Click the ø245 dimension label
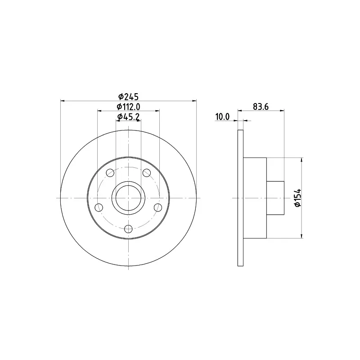[128, 97]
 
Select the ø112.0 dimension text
[128, 107]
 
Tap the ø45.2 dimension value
[128, 117]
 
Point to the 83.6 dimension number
[261, 107]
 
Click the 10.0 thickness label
[222, 117]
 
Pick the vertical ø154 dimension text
[298, 198]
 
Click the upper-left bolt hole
[110, 173]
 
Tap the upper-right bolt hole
[147, 173]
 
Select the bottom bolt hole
[128, 229]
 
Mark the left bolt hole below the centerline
[99, 207]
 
